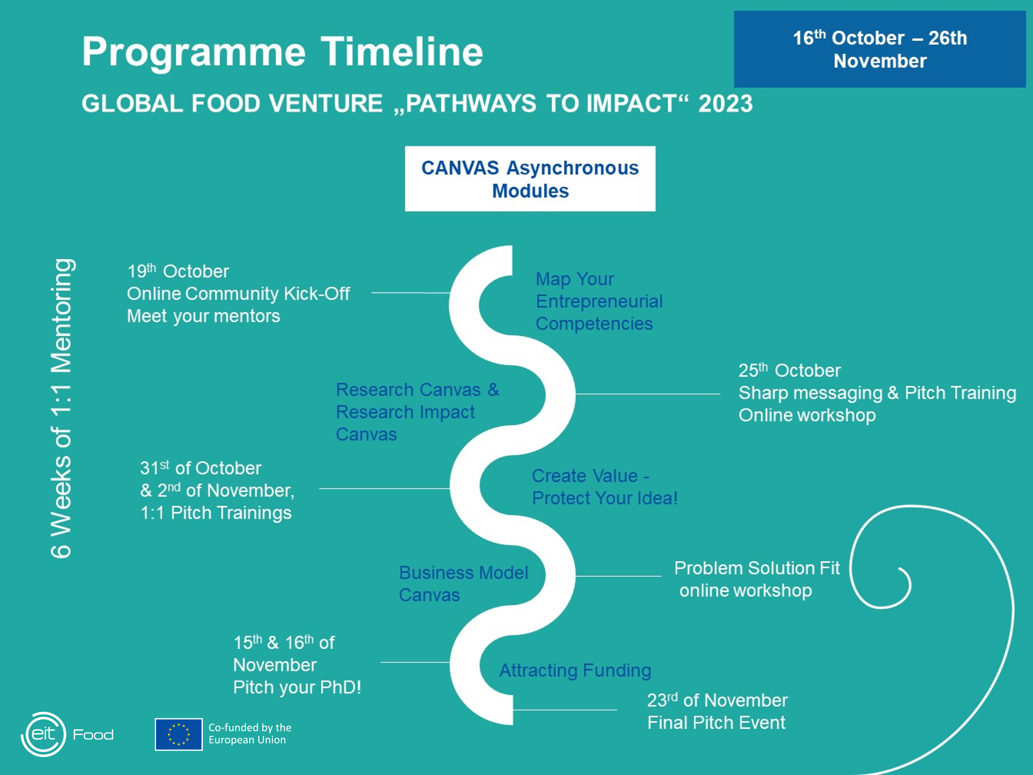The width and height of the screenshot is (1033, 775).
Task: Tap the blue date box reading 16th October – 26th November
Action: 880,49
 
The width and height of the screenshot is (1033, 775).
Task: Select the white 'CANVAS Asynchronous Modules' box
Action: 530,179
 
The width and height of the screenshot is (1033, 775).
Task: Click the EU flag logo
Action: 179,734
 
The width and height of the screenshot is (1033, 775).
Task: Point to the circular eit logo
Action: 44,734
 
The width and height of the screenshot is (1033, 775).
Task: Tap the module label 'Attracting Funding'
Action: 575,670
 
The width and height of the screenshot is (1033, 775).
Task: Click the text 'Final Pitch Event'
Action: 717,723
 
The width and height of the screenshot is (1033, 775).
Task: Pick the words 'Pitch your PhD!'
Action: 297,687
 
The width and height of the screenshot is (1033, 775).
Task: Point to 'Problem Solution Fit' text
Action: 757,568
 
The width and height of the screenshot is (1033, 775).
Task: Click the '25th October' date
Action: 789,370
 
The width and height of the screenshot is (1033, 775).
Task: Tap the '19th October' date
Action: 178,271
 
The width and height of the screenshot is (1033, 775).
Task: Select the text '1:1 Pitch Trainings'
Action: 216,513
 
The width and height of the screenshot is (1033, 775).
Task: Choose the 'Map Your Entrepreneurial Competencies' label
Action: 599,301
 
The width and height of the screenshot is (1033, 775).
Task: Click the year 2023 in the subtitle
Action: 725,103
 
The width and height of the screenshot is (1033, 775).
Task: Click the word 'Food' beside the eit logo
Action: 93,735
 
